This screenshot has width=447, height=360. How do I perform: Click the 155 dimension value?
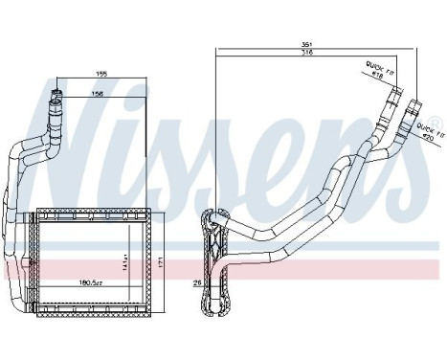(x=100, y=72)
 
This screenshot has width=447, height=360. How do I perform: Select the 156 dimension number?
(x=99, y=93)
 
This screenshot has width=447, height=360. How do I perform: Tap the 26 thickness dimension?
(x=197, y=281)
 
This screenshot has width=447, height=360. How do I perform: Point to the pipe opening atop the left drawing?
(x=57, y=94)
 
